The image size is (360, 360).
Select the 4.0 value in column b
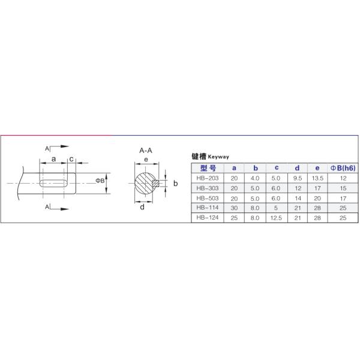(x=255, y=178)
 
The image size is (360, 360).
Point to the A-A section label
(x=145, y=151)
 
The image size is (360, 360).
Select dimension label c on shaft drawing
(x=71, y=159)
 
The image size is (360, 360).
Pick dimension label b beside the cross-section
(x=175, y=183)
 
